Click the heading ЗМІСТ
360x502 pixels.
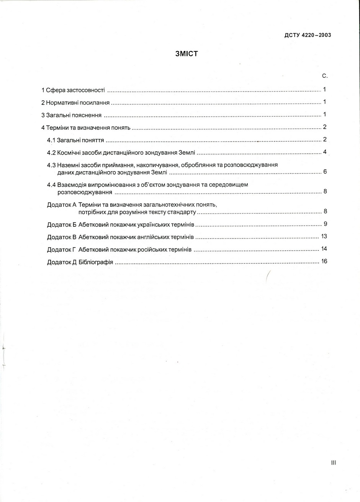point(187,54)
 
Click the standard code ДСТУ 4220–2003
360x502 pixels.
point(308,35)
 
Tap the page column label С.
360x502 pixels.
point(325,76)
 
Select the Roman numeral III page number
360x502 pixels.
point(333,463)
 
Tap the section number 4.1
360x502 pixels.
point(51,140)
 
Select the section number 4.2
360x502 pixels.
point(51,153)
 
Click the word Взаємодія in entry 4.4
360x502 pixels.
point(70,185)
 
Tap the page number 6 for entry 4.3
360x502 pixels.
point(325,171)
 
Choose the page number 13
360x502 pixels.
point(324,236)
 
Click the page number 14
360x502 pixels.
point(324,249)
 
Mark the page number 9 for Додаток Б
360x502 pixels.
point(325,224)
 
